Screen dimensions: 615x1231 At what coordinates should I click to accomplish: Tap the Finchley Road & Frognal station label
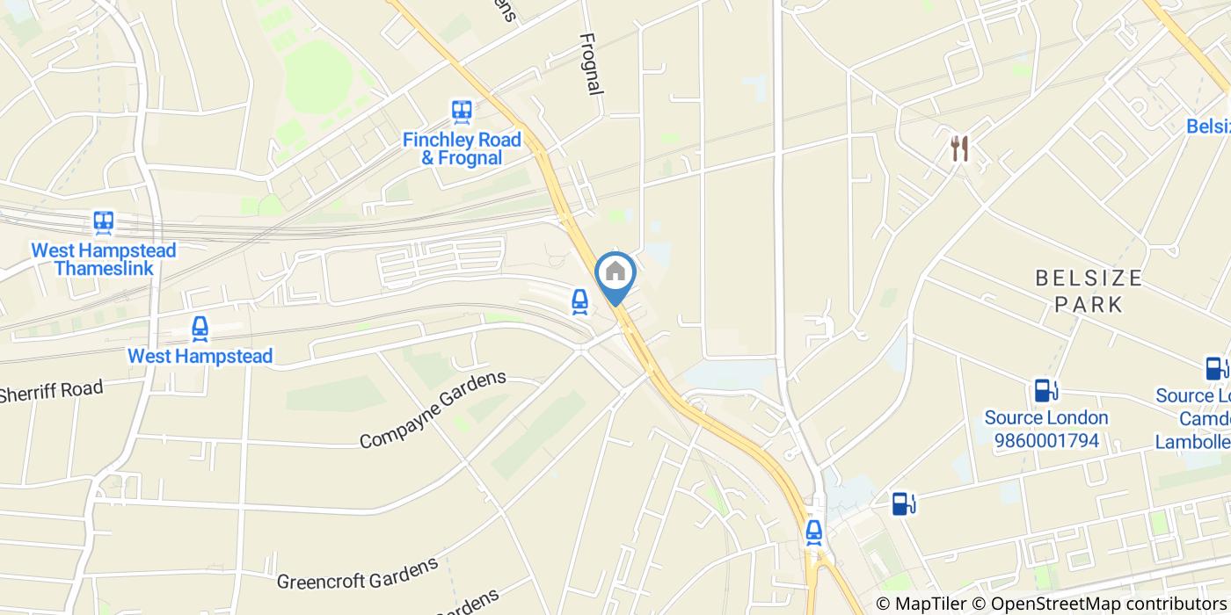(x=462, y=148)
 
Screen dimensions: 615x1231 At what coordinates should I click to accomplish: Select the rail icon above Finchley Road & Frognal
(x=462, y=111)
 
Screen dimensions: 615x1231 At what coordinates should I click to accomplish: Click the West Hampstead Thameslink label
(x=104, y=259)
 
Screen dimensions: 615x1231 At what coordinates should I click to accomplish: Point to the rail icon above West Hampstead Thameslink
(x=104, y=221)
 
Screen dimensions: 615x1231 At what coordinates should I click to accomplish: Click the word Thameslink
(x=104, y=269)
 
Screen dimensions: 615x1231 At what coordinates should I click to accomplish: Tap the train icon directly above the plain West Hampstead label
(x=200, y=329)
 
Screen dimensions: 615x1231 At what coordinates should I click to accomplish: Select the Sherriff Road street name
(x=51, y=390)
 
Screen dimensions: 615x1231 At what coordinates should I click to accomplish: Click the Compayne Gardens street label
(x=433, y=409)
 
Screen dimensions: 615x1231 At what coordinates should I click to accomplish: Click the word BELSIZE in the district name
(x=1089, y=279)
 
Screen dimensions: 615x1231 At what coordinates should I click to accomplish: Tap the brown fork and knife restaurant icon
(x=959, y=148)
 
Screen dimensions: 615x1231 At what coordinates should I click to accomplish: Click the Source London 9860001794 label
(x=1045, y=429)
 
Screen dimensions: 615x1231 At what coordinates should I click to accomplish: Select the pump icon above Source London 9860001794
(x=1045, y=389)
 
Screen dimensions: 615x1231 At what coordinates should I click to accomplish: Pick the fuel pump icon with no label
(x=904, y=503)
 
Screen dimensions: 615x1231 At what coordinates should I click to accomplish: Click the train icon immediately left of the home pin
(x=579, y=300)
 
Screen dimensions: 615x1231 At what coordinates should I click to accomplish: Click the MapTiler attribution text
(x=921, y=604)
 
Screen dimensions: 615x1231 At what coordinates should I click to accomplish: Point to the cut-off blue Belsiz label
(x=1208, y=127)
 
